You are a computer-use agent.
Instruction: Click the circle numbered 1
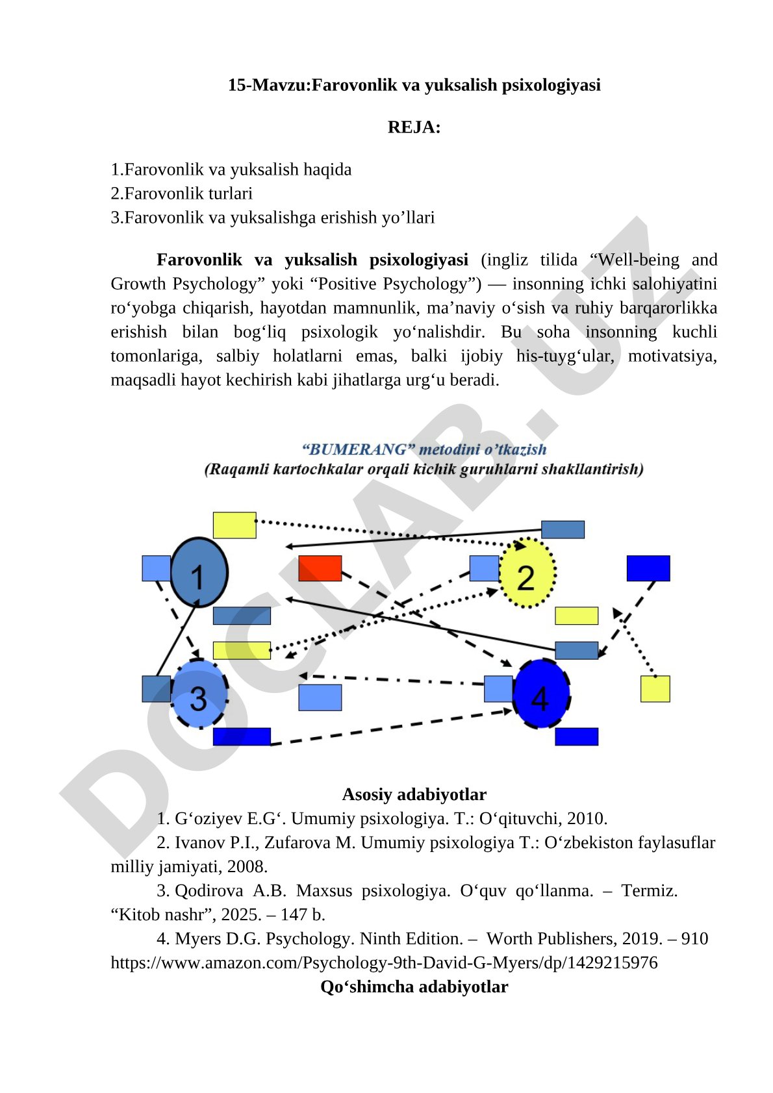pyautogui.click(x=199, y=572)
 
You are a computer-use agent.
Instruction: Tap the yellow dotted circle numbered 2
pyautogui.click(x=527, y=573)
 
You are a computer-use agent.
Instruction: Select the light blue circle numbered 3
pyautogui.click(x=199, y=694)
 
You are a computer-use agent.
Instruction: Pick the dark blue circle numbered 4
pyautogui.click(x=542, y=694)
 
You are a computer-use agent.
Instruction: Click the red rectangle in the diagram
pyautogui.click(x=320, y=568)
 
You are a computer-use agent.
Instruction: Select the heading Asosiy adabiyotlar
pyautogui.click(x=414, y=794)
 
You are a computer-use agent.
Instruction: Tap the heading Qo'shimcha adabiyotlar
pyautogui.click(x=414, y=986)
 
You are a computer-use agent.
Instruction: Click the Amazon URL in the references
pyautogui.click(x=384, y=962)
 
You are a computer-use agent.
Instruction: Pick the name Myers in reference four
pyautogui.click(x=194, y=938)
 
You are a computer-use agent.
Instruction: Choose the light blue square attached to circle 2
pyautogui.click(x=484, y=568)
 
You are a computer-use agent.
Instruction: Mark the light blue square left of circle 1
pyautogui.click(x=156, y=568)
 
